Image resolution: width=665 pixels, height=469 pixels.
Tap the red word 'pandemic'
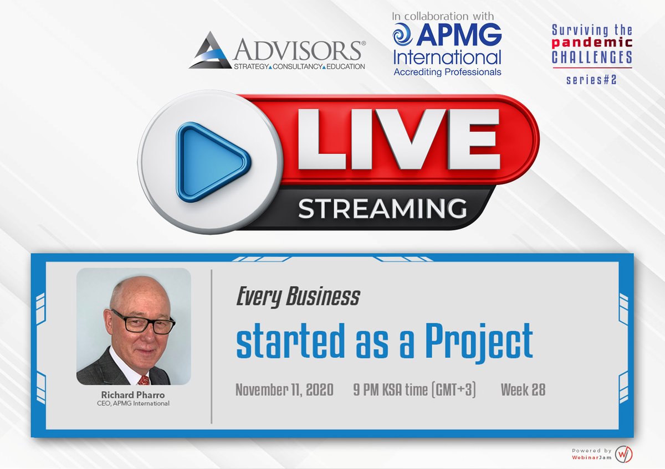click(x=592, y=44)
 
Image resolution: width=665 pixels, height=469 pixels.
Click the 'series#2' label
click(x=591, y=80)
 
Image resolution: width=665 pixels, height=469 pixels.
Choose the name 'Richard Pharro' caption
click(x=134, y=395)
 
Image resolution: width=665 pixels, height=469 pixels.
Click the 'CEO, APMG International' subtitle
click(x=134, y=404)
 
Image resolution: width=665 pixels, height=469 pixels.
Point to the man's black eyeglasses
click(x=143, y=322)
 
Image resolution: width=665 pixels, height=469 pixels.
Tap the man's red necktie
click(x=144, y=379)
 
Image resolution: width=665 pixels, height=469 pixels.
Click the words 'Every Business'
click(x=298, y=298)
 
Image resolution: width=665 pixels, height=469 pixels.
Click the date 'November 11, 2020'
click(x=284, y=390)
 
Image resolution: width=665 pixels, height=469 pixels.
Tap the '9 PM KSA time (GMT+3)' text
click(x=415, y=390)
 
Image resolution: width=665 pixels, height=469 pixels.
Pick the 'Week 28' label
click(x=523, y=390)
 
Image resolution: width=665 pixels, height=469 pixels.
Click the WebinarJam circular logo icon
click(x=624, y=454)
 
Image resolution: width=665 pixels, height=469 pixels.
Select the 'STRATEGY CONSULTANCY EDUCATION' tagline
click(x=299, y=66)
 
